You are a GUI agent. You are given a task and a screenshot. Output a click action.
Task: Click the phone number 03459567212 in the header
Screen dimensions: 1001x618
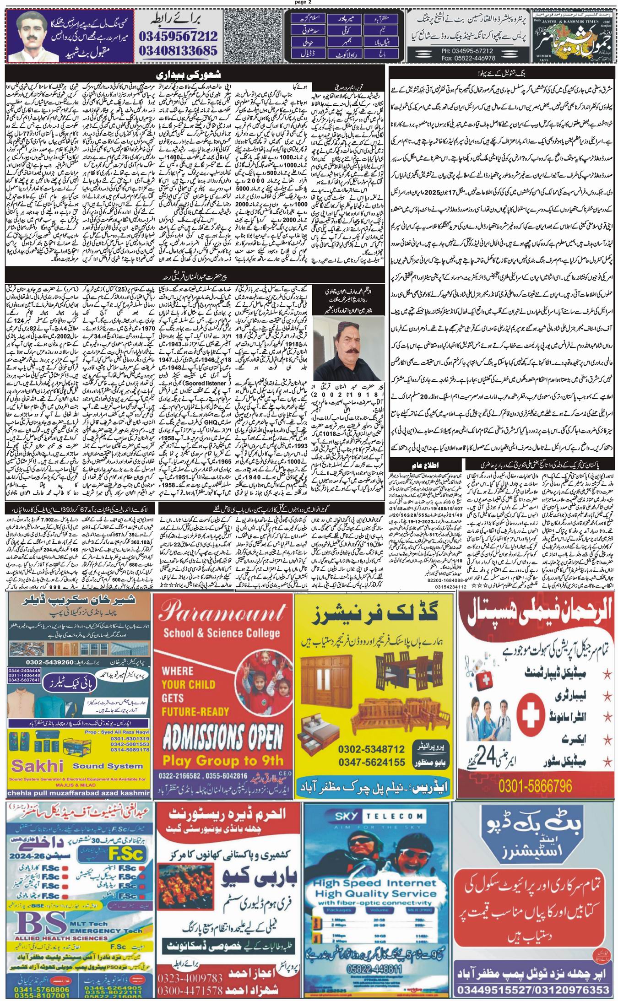tap(183, 36)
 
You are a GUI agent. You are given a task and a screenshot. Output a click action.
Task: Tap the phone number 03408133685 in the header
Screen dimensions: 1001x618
tap(183, 50)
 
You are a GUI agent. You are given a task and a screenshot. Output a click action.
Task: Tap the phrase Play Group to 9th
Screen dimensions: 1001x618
tap(223, 760)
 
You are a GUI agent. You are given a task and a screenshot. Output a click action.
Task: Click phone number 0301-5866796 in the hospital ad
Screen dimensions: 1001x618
tap(536, 786)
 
